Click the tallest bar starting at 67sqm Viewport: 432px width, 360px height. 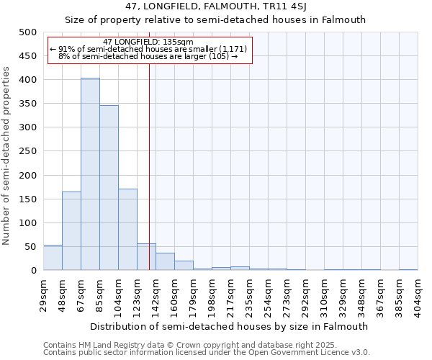pos(90,174)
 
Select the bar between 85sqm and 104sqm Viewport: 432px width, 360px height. pos(109,188)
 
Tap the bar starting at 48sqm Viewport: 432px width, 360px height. pos(71,231)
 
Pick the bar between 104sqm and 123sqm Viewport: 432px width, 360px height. pos(127,230)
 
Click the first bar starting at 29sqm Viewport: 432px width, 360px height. pos(53,258)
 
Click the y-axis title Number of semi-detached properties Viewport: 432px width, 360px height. pos(7,156)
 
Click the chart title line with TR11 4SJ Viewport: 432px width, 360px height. pos(215,6)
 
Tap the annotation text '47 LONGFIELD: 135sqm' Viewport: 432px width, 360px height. pos(148,42)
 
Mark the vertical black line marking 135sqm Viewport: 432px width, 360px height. pos(149,158)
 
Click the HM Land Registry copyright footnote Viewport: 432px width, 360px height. pos(205,345)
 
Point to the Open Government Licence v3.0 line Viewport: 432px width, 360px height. pos(207,353)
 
